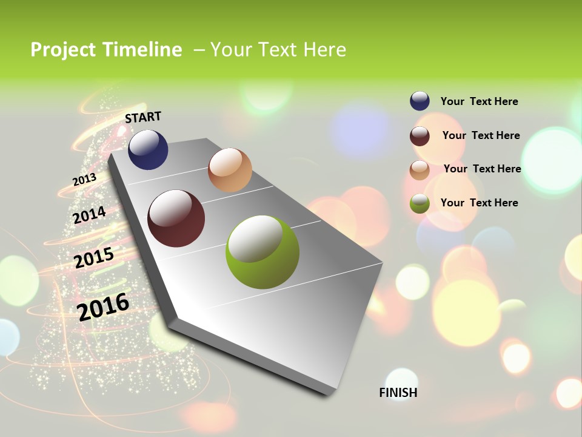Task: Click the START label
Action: coord(143,117)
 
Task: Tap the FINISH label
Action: coord(398,393)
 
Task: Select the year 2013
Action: coord(84,180)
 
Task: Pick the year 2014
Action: coord(89,215)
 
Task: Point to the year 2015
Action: coord(94,258)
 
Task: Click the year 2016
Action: coord(103,307)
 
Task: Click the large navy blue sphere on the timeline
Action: coord(148,149)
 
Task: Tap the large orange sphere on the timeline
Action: coord(230,170)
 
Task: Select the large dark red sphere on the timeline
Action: coord(176,218)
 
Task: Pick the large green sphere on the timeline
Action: coord(263,252)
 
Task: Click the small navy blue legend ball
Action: coord(420,101)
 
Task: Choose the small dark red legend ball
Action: coord(420,136)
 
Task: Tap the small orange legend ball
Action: coord(420,169)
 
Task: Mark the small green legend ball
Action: coord(420,203)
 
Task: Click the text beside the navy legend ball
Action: coord(479,101)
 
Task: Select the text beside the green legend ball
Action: coord(479,203)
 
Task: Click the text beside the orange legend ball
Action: coord(482,169)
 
